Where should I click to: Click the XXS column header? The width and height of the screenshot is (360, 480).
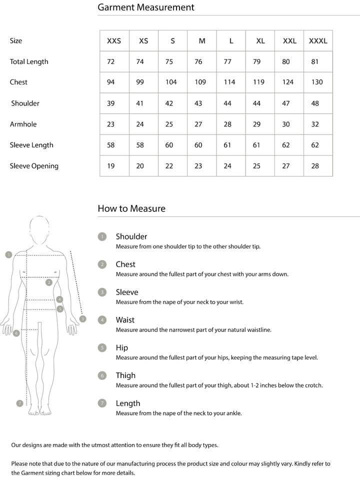tap(114, 41)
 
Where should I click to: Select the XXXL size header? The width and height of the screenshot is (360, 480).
tap(318, 41)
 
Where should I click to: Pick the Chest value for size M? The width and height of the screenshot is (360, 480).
tap(200, 82)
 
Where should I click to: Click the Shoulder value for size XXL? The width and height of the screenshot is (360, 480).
tap(286, 103)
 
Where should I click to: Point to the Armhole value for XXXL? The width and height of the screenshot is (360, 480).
tap(315, 124)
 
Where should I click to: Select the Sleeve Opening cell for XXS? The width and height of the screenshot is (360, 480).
tap(111, 166)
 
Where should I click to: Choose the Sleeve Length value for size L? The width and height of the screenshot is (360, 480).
tap(227, 145)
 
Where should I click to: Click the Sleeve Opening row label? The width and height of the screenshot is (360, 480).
tap(34, 166)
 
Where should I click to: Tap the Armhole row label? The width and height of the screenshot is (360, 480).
tap(23, 124)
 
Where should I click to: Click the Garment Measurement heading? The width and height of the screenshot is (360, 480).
tap(146, 7)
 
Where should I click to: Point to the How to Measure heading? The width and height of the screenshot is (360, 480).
tap(131, 208)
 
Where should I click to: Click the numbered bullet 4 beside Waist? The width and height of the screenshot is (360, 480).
tap(102, 320)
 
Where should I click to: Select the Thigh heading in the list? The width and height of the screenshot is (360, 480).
tap(125, 375)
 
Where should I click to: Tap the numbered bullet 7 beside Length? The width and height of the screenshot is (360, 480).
tap(102, 403)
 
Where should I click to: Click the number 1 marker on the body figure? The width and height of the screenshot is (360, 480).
tap(8, 254)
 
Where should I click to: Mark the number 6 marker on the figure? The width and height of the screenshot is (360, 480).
tap(16, 332)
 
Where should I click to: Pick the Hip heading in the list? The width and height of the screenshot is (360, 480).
tap(122, 347)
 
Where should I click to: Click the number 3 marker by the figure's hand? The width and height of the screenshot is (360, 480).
tap(83, 318)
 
